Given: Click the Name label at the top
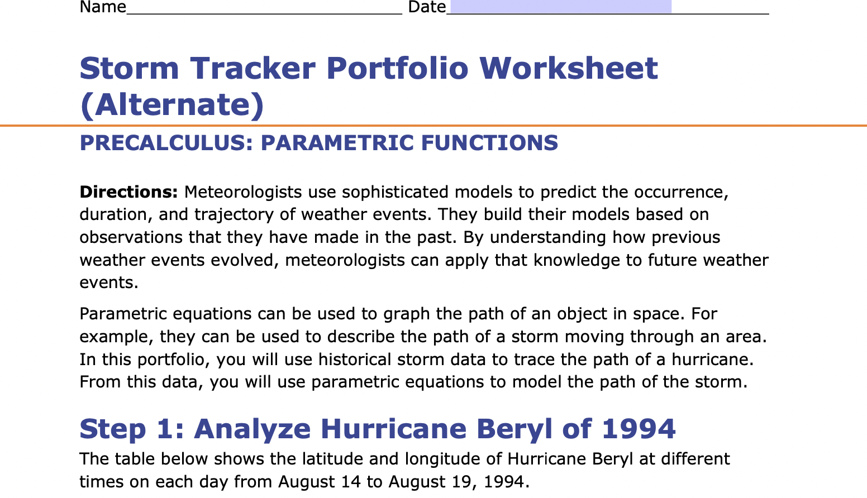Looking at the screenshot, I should (103, 7).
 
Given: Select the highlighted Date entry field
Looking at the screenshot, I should (560, 7).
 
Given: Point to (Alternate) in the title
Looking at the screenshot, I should (172, 104).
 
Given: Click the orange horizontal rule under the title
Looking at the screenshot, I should (433, 126).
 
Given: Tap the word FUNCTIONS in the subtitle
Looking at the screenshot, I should (489, 143).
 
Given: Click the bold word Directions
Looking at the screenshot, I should (128, 192).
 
